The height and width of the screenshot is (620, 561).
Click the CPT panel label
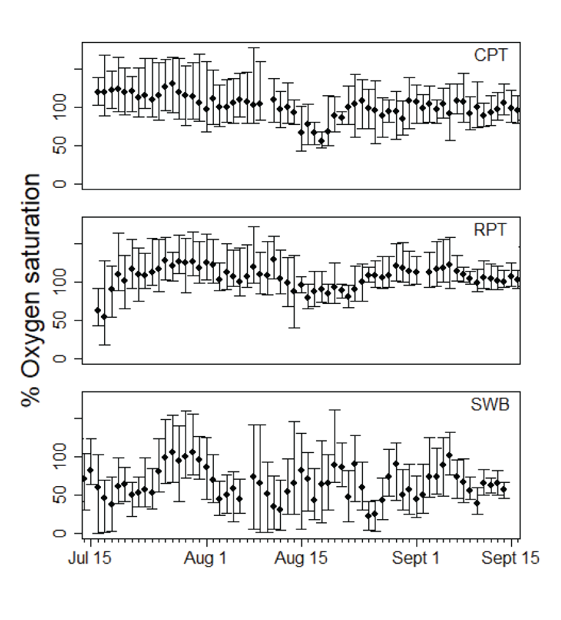(x=491, y=56)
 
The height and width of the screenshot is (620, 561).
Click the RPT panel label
(x=491, y=230)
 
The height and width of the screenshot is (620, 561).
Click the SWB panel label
(x=489, y=405)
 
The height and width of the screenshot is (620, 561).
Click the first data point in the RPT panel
(x=97, y=310)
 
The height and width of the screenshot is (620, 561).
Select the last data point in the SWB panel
(x=504, y=489)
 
